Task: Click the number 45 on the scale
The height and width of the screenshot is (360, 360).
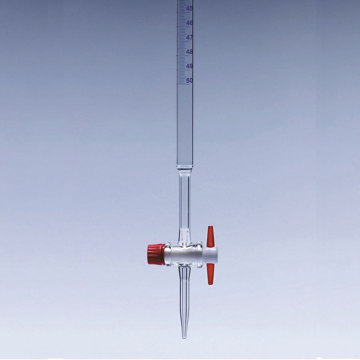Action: pyautogui.click(x=189, y=8)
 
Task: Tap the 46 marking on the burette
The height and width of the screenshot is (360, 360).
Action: pyautogui.click(x=189, y=23)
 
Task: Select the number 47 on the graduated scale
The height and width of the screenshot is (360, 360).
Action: pyautogui.click(x=189, y=37)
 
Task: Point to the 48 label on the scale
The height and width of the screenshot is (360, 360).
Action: pyautogui.click(x=189, y=52)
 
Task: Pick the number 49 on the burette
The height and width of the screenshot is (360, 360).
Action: pyautogui.click(x=189, y=66)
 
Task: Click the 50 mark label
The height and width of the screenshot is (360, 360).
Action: pyautogui.click(x=189, y=80)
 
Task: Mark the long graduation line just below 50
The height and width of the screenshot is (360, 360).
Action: pyautogui.click(x=183, y=84)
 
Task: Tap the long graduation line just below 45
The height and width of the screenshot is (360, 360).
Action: pyautogui.click(x=183, y=12)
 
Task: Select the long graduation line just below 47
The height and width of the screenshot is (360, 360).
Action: pyautogui.click(x=183, y=41)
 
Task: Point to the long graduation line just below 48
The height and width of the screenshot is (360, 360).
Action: pyautogui.click(x=183, y=55)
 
